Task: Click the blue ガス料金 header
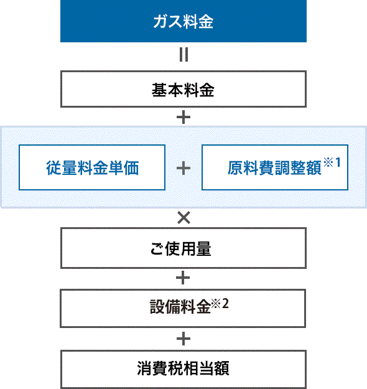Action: coord(183,21)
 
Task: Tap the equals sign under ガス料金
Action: coord(183,55)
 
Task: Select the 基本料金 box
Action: coord(183,89)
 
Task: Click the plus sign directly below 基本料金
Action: coord(183,117)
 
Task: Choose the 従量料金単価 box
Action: coord(92,167)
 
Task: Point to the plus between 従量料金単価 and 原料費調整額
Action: coord(183,168)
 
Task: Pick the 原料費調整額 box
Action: coord(275,167)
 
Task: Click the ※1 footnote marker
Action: coord(332,162)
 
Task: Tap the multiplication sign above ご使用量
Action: coord(183,218)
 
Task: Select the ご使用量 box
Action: coord(183,248)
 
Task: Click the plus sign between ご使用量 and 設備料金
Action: coord(183,278)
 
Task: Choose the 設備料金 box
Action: coord(183,308)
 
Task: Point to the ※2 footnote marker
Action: coord(220,303)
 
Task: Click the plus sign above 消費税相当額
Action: coord(183,339)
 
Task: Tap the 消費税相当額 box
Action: coord(183,369)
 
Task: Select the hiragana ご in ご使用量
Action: coord(157,249)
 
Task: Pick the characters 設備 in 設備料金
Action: coord(165,307)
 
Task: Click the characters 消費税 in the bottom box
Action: coord(160,368)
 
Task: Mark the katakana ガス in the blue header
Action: coord(168,21)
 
